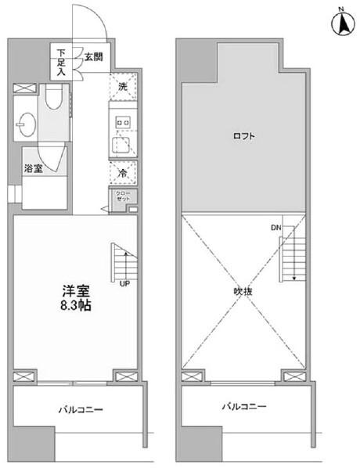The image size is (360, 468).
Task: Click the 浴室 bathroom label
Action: (32, 168)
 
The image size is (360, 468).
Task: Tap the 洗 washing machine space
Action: (123, 87)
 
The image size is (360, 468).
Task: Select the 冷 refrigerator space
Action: (123, 172)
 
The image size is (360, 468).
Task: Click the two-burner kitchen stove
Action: (122, 121)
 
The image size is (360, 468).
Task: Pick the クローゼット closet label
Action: (124, 198)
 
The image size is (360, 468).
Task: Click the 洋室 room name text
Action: (75, 289)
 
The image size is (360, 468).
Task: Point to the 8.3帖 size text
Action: (75, 305)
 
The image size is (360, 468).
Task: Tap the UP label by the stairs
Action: (124, 283)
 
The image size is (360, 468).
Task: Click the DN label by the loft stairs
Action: (276, 228)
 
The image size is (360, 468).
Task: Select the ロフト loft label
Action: (243, 136)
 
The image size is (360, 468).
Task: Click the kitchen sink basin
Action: (122, 144)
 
